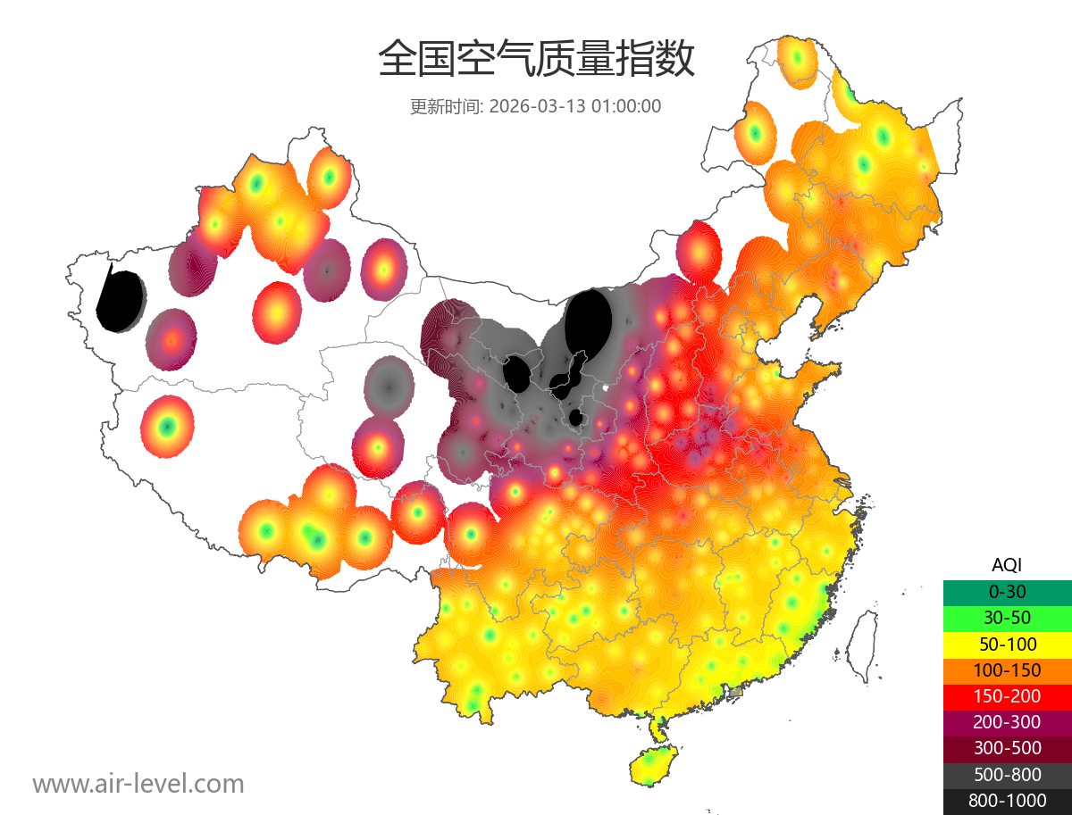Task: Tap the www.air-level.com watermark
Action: (x=138, y=784)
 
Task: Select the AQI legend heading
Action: (x=1007, y=564)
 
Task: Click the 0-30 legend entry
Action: (x=1007, y=591)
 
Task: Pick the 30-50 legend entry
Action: (x=1007, y=617)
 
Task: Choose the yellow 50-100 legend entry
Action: (x=1007, y=644)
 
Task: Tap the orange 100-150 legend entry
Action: (x=1007, y=669)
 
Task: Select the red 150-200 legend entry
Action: (x=1007, y=695)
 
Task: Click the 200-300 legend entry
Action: (x=1007, y=721)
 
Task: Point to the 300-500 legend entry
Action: (x=1007, y=748)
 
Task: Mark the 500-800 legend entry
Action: (x=1007, y=774)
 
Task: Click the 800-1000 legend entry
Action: (x=1007, y=801)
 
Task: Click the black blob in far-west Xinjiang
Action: (x=121, y=301)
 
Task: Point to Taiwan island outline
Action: (x=859, y=645)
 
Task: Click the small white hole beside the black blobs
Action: (x=606, y=388)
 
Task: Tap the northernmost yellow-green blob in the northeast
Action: (x=796, y=60)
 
